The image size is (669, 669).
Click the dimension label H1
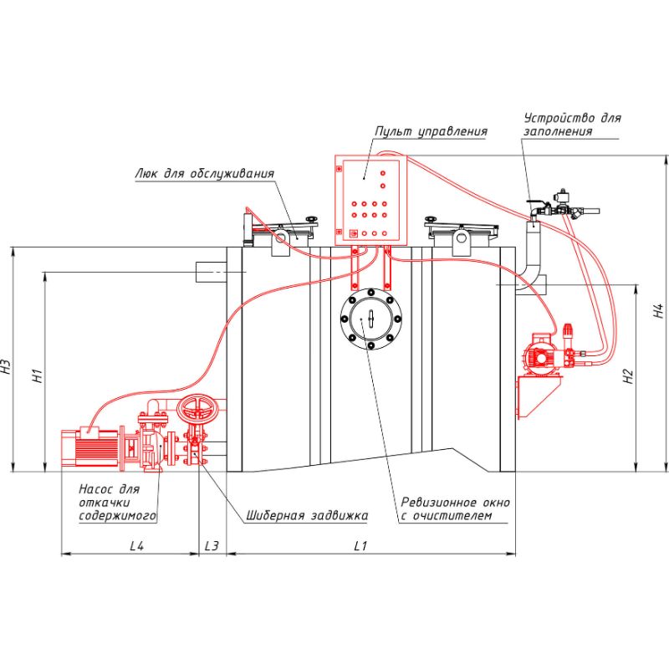coord(37,375)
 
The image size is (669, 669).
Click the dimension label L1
coord(361,546)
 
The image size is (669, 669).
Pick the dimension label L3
coord(212,546)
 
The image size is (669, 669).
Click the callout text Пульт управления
coord(431,131)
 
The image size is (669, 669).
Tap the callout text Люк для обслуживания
coord(204,174)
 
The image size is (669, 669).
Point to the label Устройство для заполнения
coord(572,125)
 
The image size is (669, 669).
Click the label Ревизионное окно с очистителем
coord(455,509)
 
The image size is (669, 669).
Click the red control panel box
coord(369,198)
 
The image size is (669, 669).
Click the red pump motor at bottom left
coord(91,447)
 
